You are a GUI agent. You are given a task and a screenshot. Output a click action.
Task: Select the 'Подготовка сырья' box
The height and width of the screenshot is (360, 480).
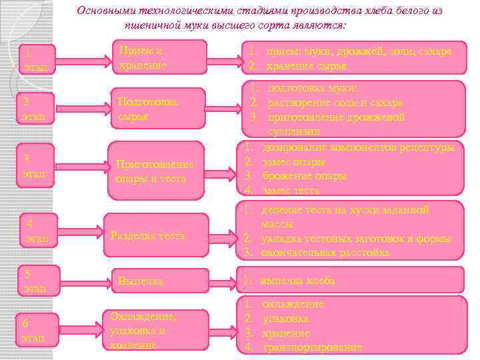pyautogui.click(x=157, y=109)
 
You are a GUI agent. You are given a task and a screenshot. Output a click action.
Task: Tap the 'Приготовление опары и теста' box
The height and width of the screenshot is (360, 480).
pyautogui.click(x=155, y=171)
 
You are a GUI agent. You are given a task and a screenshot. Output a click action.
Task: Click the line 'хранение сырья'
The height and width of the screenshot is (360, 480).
pyautogui.click(x=306, y=65)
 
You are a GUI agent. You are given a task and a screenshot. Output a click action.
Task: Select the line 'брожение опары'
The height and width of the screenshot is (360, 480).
pyautogui.click(x=304, y=176)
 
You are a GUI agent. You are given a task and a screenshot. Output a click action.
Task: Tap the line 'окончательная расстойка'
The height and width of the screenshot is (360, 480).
pyautogui.click(x=325, y=253)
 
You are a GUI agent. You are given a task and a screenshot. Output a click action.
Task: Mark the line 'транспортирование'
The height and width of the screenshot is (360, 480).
pyautogui.click(x=312, y=347)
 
